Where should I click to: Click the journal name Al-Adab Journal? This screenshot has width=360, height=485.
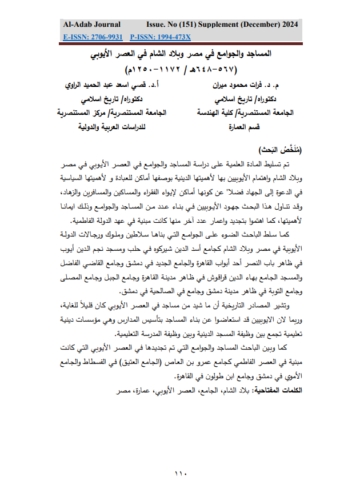[92, 25]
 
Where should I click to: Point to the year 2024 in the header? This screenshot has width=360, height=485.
[288, 25]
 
